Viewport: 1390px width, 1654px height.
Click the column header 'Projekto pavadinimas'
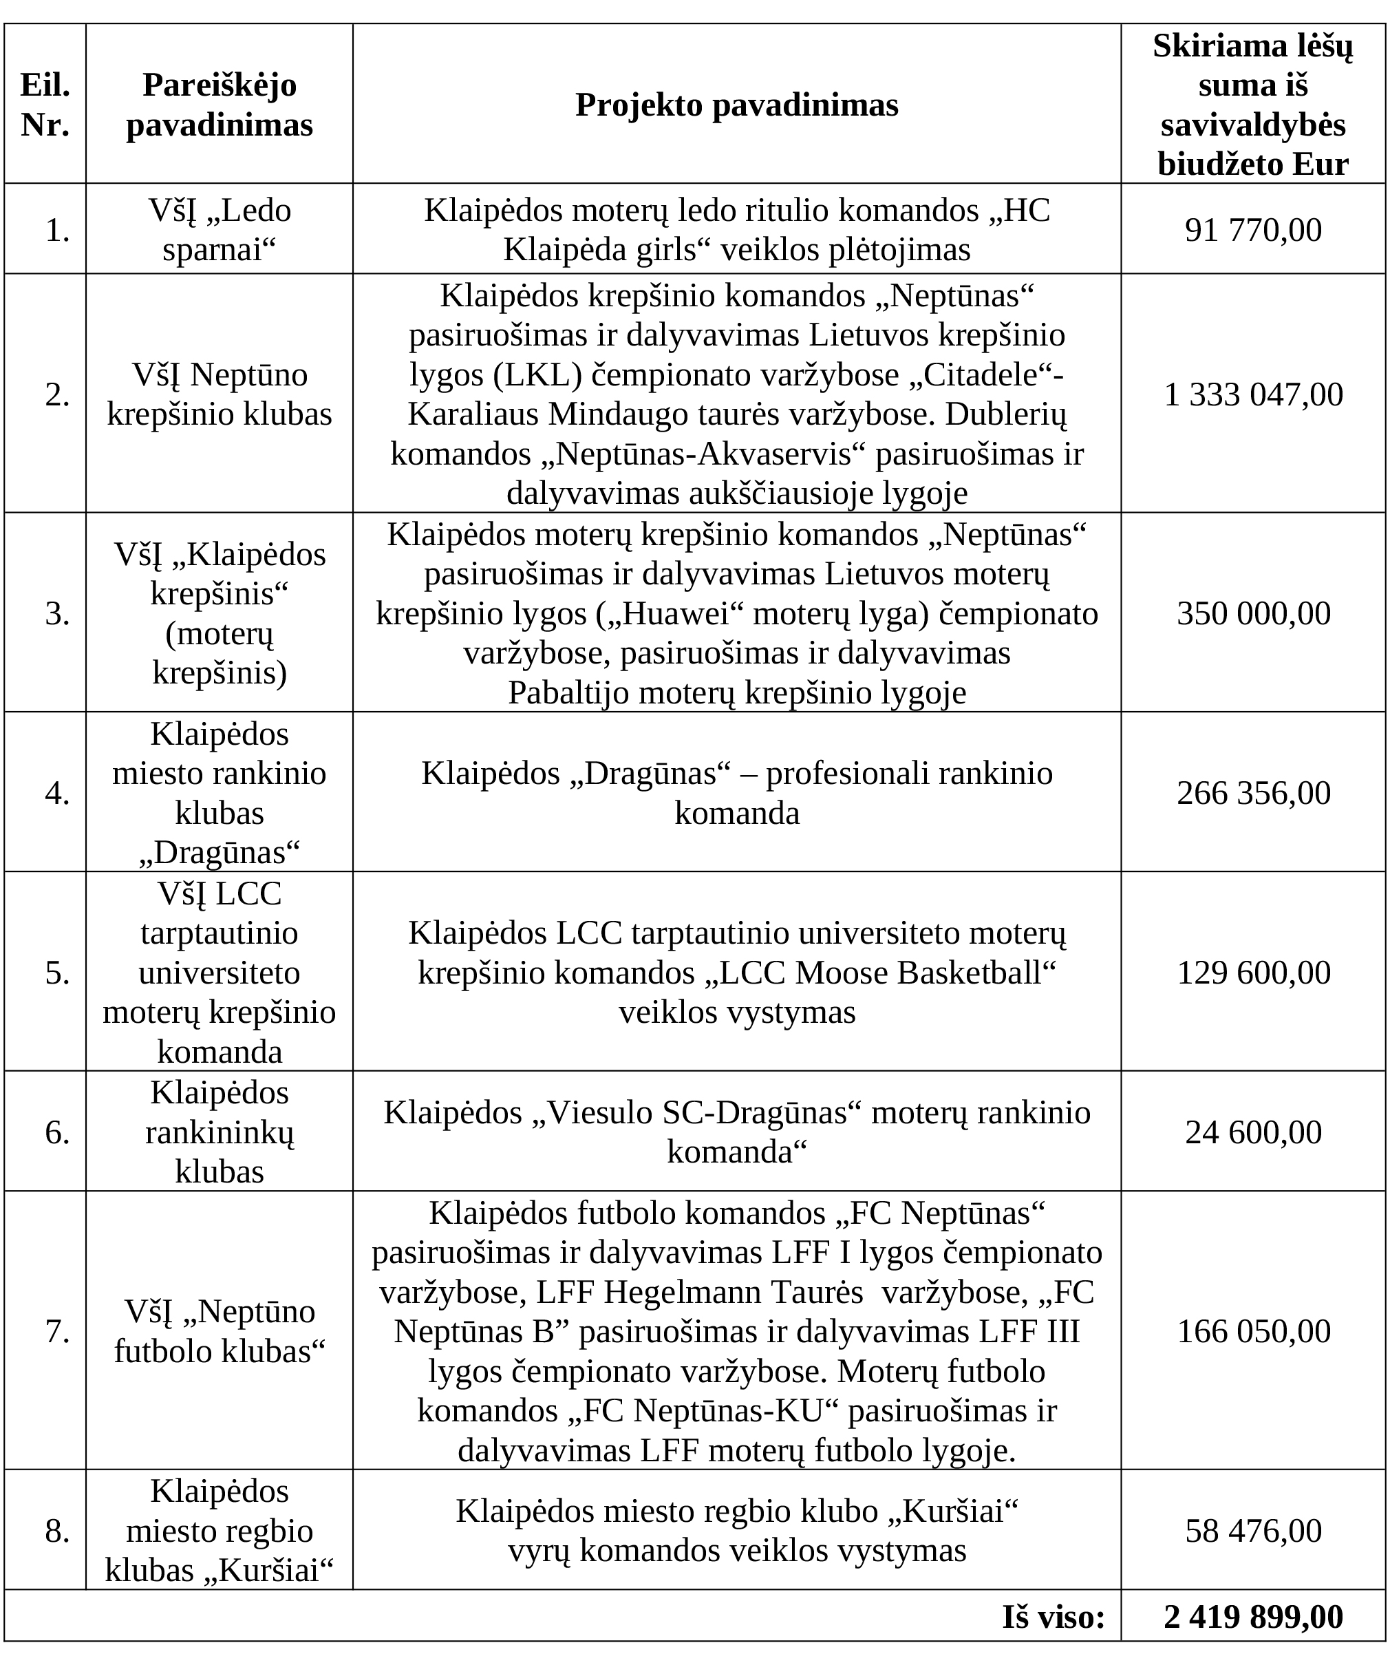[x=736, y=105]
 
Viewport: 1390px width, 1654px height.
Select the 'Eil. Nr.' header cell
[x=45, y=105]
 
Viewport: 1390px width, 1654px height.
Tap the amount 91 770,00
[x=1253, y=230]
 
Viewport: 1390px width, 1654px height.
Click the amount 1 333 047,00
[x=1253, y=394]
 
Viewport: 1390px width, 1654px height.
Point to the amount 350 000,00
[x=1253, y=613]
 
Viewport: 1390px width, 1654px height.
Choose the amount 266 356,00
[x=1253, y=793]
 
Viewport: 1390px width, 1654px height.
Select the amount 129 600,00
[x=1253, y=973]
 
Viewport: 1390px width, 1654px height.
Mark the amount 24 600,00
[x=1253, y=1132]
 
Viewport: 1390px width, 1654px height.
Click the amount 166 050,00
[x=1253, y=1331]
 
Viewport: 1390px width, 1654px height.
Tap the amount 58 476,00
[x=1253, y=1530]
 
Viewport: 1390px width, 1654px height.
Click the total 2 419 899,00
[x=1253, y=1617]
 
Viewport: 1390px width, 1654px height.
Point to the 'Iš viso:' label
[x=1053, y=1617]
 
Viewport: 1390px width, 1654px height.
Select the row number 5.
[x=58, y=973]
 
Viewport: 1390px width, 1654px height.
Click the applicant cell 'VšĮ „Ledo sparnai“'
[x=219, y=230]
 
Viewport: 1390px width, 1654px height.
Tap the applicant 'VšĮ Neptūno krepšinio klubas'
[x=219, y=394]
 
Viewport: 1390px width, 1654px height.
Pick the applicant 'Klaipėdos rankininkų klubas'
[x=219, y=1132]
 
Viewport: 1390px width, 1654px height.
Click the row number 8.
[x=58, y=1530]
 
